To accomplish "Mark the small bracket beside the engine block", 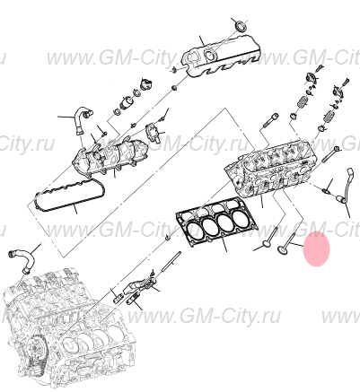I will click(131, 292).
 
